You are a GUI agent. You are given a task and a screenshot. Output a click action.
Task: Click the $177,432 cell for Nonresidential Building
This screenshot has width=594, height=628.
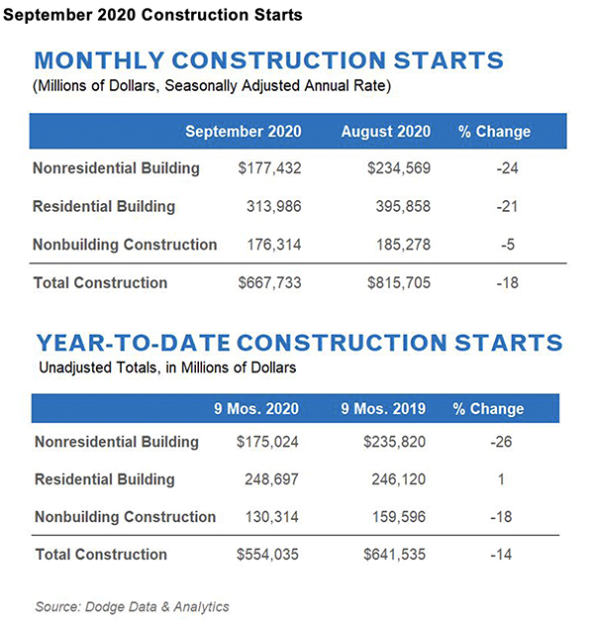click(270, 168)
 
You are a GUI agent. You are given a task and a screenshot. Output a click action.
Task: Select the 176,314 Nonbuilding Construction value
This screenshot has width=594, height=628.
click(276, 244)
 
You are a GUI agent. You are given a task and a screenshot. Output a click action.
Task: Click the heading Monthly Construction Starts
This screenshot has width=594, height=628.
click(269, 60)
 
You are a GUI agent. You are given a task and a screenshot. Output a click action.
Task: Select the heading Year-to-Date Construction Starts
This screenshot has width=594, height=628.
click(300, 344)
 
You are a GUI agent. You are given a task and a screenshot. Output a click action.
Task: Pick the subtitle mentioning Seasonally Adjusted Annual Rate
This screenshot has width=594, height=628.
click(214, 87)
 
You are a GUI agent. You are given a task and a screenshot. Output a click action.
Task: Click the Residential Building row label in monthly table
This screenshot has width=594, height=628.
click(104, 206)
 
